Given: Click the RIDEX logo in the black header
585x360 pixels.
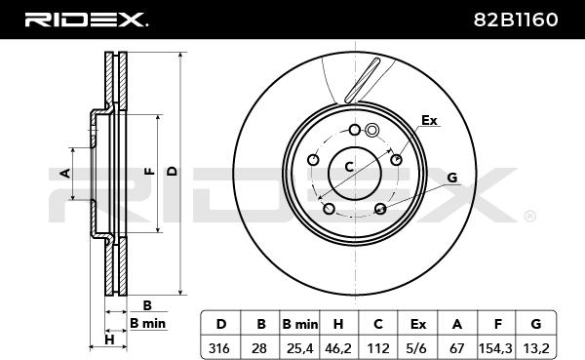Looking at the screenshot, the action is (x=86, y=20).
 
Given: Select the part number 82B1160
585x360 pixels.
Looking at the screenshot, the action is (x=516, y=20).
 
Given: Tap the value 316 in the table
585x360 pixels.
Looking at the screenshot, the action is (x=219, y=348).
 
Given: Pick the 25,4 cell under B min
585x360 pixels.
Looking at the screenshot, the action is (x=299, y=348).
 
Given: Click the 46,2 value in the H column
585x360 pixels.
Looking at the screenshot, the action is (x=338, y=348).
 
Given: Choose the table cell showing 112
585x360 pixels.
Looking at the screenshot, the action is (x=378, y=348).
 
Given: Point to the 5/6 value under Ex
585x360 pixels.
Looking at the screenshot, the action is (x=417, y=348).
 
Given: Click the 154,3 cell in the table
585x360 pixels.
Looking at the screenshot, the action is (x=495, y=348).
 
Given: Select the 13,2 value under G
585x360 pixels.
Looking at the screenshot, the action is (x=536, y=348).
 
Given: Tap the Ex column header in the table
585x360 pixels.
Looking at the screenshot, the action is (x=418, y=324).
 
